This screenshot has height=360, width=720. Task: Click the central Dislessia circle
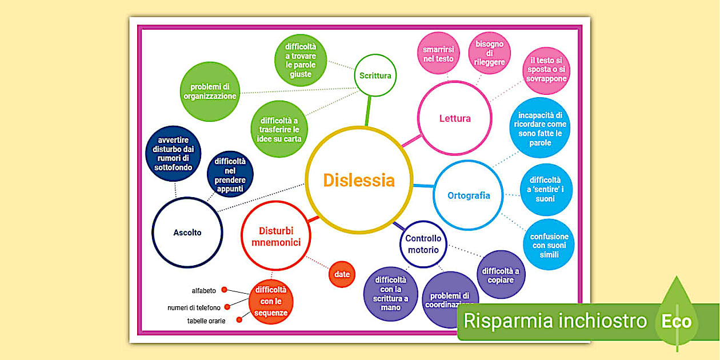(359, 180)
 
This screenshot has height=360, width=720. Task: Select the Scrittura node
(375, 75)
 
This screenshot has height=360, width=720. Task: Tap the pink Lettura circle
(455, 118)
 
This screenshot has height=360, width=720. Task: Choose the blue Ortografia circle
(469, 195)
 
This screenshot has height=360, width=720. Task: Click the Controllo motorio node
(423, 245)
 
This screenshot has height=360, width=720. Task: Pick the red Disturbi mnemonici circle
(276, 237)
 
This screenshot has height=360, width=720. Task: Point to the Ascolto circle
(187, 233)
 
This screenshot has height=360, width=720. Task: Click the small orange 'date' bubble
(342, 274)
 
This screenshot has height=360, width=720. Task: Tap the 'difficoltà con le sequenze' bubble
(271, 301)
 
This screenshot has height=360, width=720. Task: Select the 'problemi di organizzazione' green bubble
(210, 91)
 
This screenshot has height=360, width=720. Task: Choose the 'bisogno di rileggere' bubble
(489, 53)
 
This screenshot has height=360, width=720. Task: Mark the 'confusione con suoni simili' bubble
(549, 245)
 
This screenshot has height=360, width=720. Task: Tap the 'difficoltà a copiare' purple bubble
(501, 275)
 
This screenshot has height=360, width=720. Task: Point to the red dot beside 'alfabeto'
(225, 290)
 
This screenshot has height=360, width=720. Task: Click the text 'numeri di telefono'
(194, 308)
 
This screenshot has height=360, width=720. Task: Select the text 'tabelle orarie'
(206, 321)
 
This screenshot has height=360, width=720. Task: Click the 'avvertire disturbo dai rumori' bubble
(173, 154)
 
